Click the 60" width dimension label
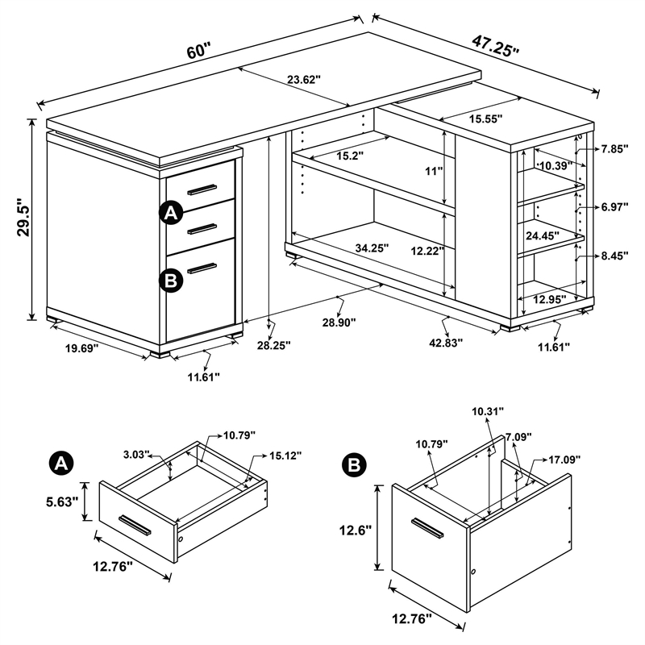198,51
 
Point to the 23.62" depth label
303,79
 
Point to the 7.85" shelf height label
614,149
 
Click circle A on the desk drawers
170,213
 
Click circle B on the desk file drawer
170,280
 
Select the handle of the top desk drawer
202,189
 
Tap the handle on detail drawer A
135,523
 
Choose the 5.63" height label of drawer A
62,501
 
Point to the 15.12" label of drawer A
285,456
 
